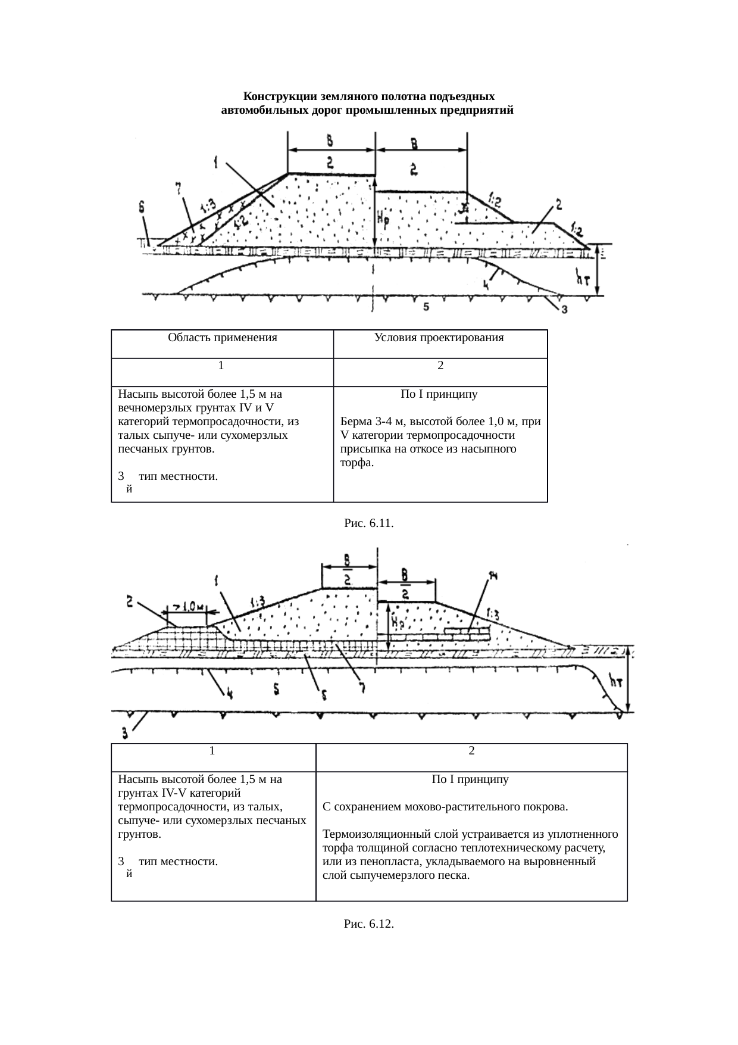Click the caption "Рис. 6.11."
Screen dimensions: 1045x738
coord(369,523)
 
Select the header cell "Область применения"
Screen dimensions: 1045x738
coord(222,338)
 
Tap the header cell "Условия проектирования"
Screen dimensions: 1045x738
coord(439,338)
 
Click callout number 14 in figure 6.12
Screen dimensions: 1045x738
coord(493,575)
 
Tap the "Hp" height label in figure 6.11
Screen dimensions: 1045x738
coord(383,220)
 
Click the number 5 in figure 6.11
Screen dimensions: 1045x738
coord(425,307)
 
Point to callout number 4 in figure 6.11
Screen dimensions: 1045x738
coord(486,285)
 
